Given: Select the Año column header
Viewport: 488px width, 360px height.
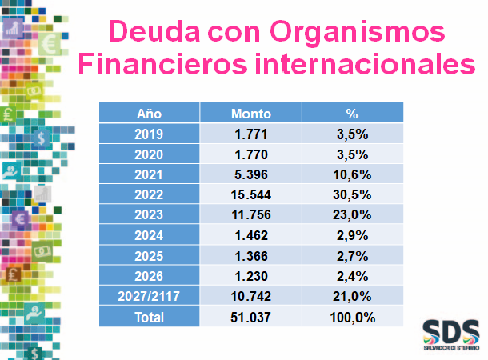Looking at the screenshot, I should [x=150, y=114].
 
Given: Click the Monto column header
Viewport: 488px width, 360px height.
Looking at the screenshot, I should [x=250, y=114].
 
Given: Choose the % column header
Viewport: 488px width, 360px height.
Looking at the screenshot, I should [x=352, y=114].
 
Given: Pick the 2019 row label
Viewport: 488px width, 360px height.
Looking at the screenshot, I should [x=150, y=134].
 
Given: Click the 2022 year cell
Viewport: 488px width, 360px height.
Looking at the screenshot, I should [x=150, y=194].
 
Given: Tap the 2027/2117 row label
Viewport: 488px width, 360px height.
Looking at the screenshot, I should [x=150, y=296].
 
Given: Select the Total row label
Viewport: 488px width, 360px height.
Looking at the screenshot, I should [x=150, y=317].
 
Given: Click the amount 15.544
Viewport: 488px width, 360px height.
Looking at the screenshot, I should [x=250, y=194].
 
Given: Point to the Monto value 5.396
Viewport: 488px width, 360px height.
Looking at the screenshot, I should [x=250, y=174].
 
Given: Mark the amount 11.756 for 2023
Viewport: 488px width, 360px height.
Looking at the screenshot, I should [x=250, y=214].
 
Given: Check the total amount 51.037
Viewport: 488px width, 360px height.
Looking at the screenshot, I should [x=250, y=317].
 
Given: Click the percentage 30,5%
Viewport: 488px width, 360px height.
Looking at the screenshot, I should [x=352, y=194].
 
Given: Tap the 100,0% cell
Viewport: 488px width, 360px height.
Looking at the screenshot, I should [x=352, y=317].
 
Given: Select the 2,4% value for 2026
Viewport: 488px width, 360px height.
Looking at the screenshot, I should [x=352, y=276].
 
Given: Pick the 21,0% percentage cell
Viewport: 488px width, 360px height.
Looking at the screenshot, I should [x=352, y=296].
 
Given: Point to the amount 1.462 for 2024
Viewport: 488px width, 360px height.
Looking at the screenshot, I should [x=250, y=235].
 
